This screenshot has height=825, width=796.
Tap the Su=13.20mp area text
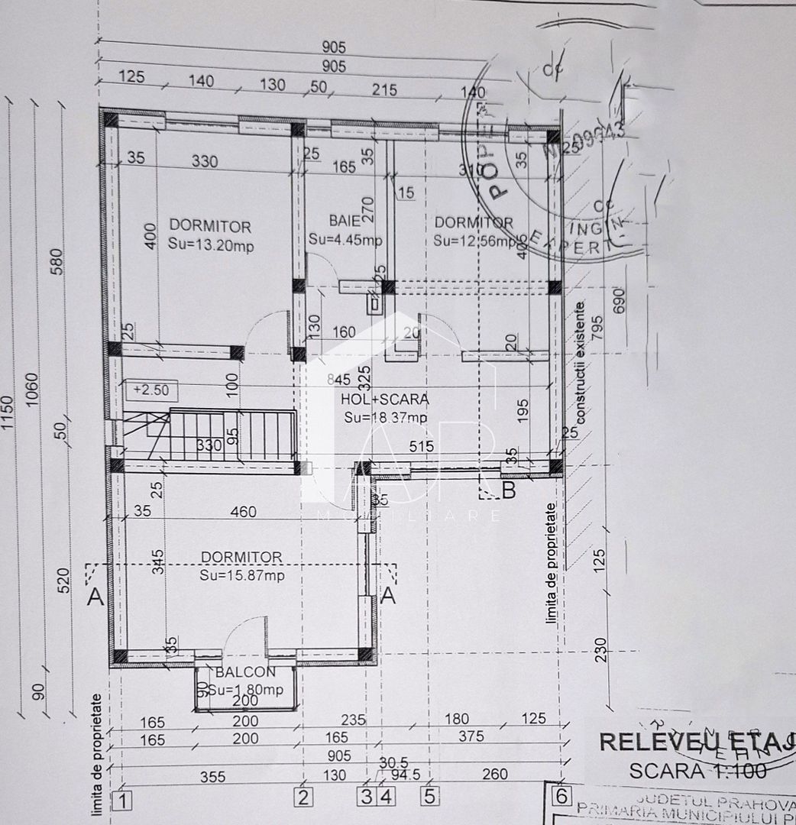click(x=210, y=244)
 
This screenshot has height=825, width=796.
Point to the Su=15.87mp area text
click(x=242, y=575)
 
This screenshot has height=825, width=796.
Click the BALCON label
click(x=245, y=672)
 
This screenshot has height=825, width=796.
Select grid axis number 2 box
click(x=304, y=799)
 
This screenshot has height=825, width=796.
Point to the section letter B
click(x=509, y=490)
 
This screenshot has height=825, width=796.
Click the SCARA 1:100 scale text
click(x=697, y=771)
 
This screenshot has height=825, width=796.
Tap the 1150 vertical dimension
click(x=8, y=412)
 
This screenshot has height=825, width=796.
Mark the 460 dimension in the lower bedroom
click(x=243, y=512)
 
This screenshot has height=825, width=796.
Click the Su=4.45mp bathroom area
click(x=345, y=239)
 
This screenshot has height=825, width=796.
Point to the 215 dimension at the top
click(x=384, y=89)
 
